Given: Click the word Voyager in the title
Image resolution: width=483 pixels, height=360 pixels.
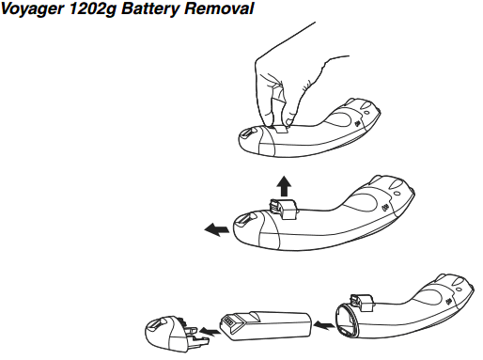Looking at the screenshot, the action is coord(32,9).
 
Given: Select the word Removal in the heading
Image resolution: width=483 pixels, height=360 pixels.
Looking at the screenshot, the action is coord(219,8).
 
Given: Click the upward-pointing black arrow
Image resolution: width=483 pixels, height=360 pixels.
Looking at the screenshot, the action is coord(284,186).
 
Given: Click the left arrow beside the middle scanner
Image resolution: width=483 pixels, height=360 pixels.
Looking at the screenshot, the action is coord(216,229).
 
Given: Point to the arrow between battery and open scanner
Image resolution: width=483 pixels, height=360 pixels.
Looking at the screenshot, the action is coord(323,325).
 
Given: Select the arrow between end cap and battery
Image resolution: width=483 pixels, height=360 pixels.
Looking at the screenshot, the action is coord(210,331).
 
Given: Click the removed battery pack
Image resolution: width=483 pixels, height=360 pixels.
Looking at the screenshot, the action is coord(266,326).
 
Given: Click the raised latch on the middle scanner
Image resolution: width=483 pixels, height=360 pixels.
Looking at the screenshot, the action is coord(282,209).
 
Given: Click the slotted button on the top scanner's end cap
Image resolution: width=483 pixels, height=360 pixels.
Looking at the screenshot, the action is coord(247,133).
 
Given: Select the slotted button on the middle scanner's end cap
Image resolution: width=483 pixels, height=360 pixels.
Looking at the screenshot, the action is coord(243,219).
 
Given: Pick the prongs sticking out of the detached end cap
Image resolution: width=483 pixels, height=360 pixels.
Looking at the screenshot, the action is coord(195,335).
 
